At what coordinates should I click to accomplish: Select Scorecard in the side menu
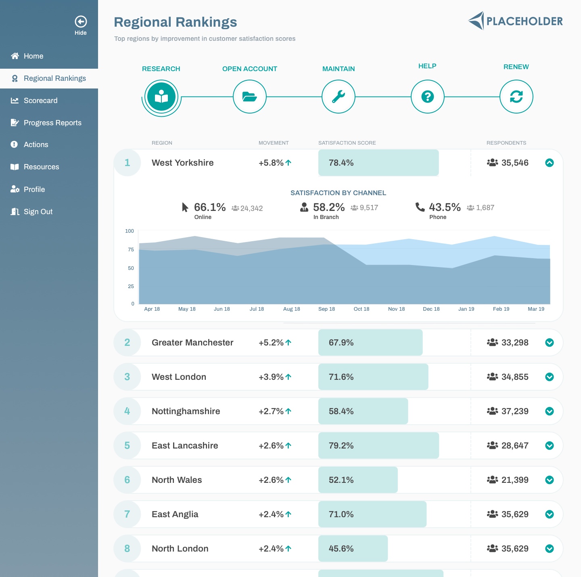tap(40, 101)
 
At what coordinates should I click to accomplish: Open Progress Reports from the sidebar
tap(52, 123)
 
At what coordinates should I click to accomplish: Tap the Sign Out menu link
tap(38, 212)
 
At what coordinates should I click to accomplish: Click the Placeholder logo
tap(516, 21)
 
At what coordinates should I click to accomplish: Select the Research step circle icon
tap(161, 97)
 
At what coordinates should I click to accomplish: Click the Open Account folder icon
tap(250, 97)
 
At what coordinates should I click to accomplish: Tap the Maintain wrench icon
tap(339, 97)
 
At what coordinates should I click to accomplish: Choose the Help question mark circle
tap(428, 97)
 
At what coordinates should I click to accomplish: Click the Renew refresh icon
tap(516, 97)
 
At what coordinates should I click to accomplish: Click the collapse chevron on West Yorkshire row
tap(550, 163)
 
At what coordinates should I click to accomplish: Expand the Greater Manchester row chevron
tap(550, 343)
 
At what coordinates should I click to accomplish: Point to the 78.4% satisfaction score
tap(341, 163)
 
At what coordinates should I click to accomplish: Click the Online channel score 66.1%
tap(210, 207)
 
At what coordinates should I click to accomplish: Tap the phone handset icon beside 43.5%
tap(420, 207)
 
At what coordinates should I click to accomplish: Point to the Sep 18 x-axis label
tap(326, 309)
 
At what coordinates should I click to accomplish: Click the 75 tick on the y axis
tap(131, 250)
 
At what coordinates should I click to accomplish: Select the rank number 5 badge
tap(127, 446)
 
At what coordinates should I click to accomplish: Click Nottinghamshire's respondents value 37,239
tap(515, 411)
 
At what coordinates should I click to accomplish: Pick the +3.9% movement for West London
tap(271, 377)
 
